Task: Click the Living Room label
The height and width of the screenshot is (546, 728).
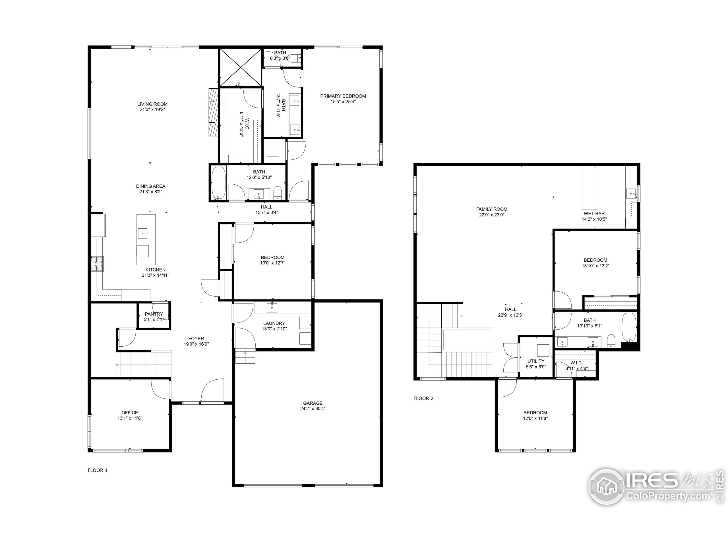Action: pos(152,104)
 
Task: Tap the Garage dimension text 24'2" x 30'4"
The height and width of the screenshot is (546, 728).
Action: pos(313,408)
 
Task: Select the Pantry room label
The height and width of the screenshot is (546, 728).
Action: pos(154,314)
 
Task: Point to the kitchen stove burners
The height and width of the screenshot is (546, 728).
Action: pos(98,264)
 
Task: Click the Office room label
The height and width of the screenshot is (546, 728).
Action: pos(130,412)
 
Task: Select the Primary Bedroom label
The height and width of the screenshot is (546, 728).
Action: pos(343,96)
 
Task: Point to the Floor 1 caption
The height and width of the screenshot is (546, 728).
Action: pos(98,470)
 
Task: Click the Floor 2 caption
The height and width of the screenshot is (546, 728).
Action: pos(423,398)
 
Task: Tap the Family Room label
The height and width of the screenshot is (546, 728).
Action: pos(492,209)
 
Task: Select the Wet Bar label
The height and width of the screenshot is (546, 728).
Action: pos(594,213)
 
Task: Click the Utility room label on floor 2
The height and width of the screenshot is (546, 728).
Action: pos(536,361)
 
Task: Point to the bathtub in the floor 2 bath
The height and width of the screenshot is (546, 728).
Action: pos(629,328)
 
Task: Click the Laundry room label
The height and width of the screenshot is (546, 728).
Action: pos(274,323)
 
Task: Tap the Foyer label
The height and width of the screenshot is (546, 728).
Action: pos(196,338)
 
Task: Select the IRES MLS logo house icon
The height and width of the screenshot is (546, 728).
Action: pos(606,487)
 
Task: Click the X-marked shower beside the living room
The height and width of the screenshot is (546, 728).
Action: pos(241,67)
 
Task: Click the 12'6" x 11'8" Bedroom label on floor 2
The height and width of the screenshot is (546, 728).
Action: pos(535,412)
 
